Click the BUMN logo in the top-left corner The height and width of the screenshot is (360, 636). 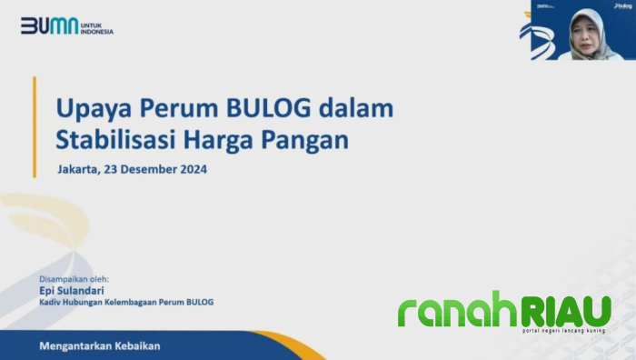click(49, 25)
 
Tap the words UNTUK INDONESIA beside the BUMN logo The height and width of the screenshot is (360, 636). click(97, 26)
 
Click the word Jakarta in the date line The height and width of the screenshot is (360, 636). click(81, 169)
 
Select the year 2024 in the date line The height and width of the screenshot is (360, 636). click(193, 169)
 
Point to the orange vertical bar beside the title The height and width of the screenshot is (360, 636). click(35, 126)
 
